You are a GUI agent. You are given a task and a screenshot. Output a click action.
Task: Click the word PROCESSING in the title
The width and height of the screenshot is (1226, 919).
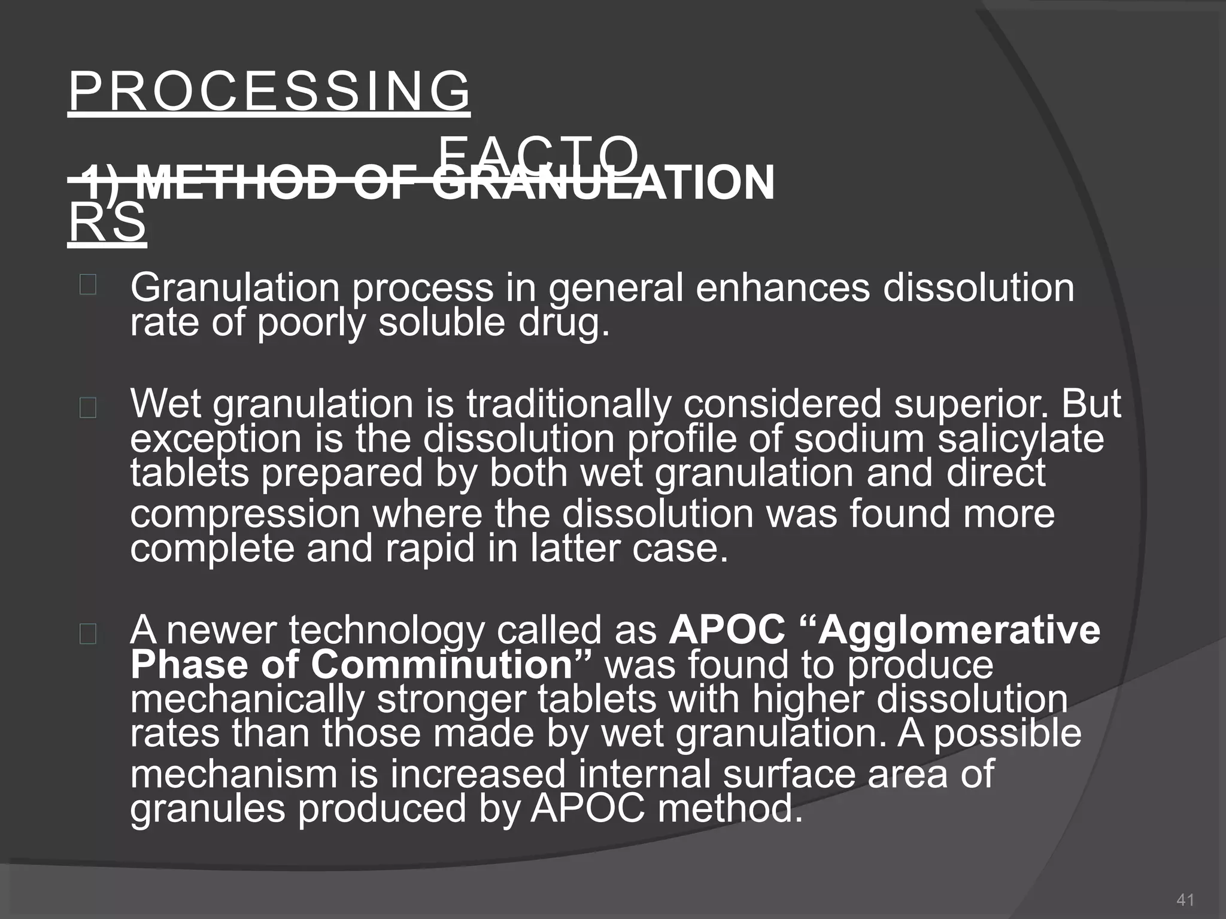[x=269, y=92]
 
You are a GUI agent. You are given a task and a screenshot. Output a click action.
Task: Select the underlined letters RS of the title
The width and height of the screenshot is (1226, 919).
[x=107, y=223]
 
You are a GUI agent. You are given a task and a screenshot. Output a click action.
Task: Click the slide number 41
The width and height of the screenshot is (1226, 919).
[x=1185, y=899]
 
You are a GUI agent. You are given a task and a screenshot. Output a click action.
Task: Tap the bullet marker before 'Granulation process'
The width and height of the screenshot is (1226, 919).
[x=87, y=285]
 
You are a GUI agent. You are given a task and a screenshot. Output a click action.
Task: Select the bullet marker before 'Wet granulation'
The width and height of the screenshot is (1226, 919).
[x=87, y=409]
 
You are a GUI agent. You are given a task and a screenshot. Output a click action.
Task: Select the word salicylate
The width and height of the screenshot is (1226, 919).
[x=1021, y=439]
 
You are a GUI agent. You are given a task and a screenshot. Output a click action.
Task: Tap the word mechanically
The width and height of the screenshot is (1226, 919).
[x=247, y=699]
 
